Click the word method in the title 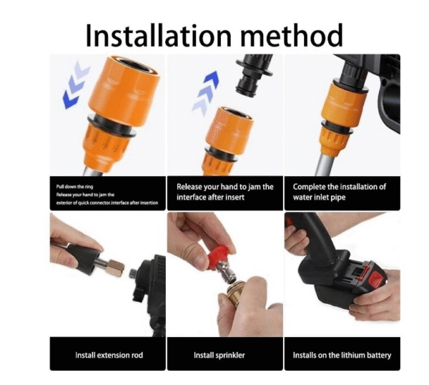pyautogui.click(x=292, y=35)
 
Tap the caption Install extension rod pyautogui.click(x=109, y=355)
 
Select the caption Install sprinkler pyautogui.click(x=220, y=356)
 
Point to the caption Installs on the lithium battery pyautogui.click(x=342, y=356)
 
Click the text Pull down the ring pyautogui.click(x=74, y=187)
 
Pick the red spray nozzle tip pyautogui.click(x=218, y=257)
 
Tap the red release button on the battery pyautogui.click(x=377, y=279)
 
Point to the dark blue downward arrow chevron pyautogui.click(x=71, y=99)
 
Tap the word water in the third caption pyautogui.click(x=303, y=198)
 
